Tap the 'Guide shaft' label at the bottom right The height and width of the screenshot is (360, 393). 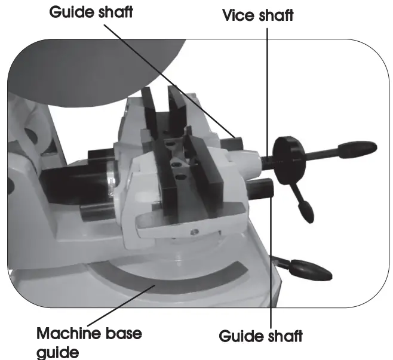tap(261, 336)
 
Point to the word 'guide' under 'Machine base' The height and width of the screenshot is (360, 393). tap(57, 352)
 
